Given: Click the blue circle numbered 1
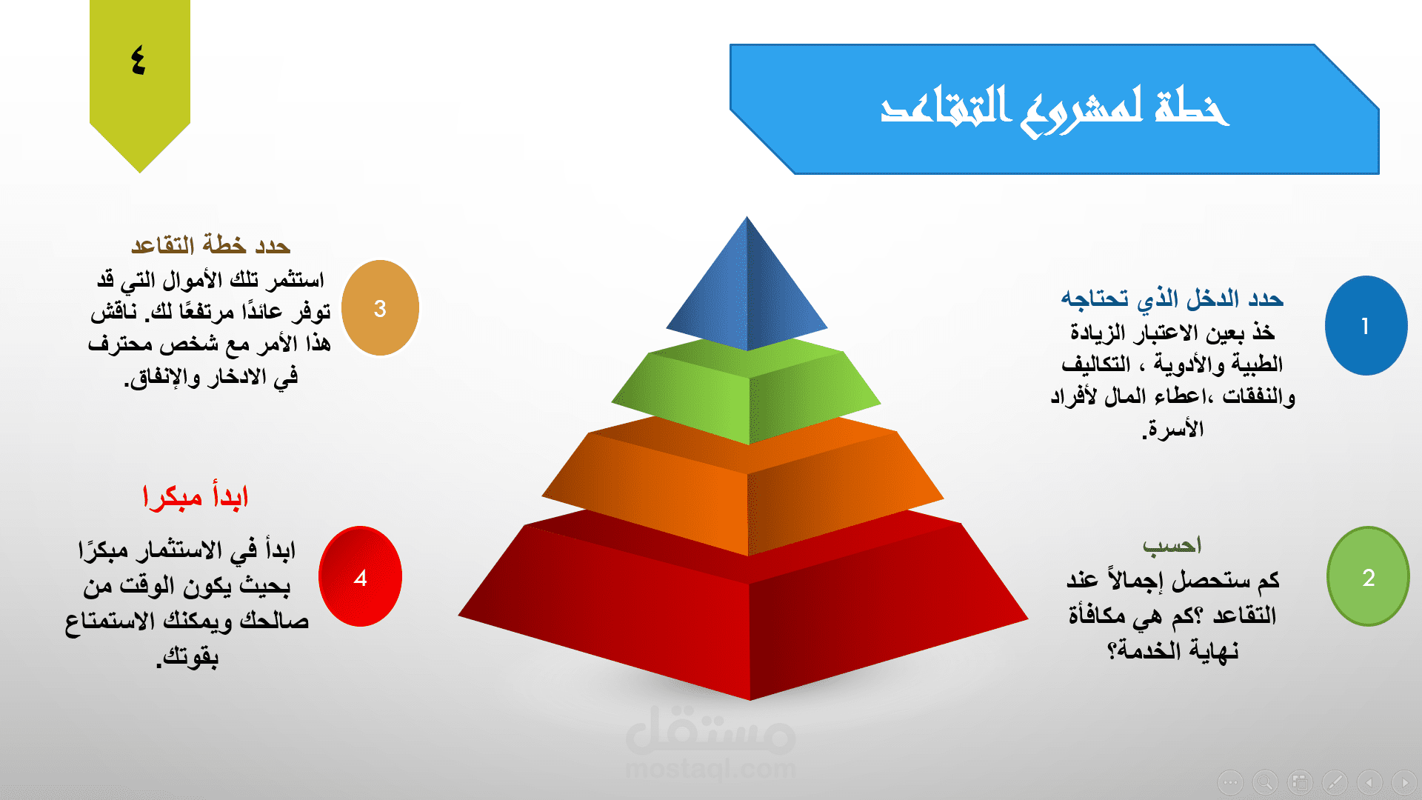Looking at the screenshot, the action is [x=1366, y=326].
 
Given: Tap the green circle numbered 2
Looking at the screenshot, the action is [x=1368, y=576].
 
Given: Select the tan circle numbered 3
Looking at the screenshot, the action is [x=380, y=308].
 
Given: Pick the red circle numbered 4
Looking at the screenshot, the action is [x=360, y=576].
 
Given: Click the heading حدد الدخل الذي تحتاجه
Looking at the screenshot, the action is [x=1172, y=299].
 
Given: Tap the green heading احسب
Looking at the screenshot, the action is [x=1172, y=546].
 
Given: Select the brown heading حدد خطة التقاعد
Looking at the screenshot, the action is [x=210, y=244].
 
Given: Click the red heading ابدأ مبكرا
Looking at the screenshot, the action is [x=195, y=496].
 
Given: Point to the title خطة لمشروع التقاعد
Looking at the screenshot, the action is [x=1055, y=110].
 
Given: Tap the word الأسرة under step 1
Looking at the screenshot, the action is [x=1175, y=429].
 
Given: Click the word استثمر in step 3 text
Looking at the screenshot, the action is [x=295, y=279].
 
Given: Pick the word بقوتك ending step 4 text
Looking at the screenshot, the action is [x=190, y=657].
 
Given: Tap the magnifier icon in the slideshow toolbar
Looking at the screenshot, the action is [x=1265, y=781].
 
